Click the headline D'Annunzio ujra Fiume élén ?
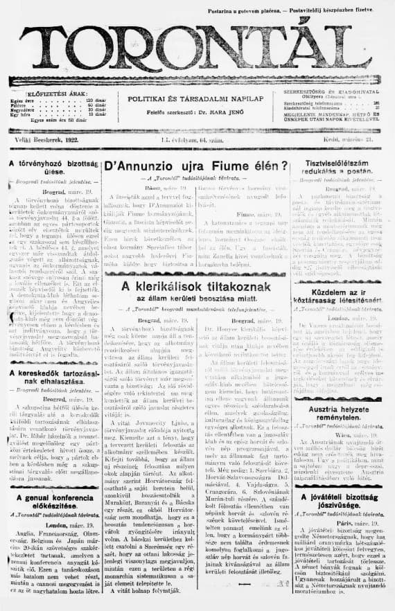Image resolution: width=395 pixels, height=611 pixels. click(195, 166)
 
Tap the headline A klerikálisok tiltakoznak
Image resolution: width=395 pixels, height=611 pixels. click(195, 286)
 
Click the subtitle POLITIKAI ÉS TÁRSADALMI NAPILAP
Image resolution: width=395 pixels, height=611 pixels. click(194, 100)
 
